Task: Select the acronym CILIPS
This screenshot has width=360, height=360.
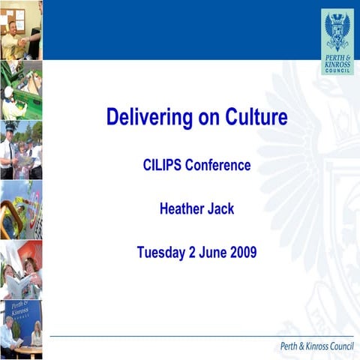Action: (x=165, y=166)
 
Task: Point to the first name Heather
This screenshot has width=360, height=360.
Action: (x=184, y=208)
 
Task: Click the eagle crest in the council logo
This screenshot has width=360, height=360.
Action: (x=337, y=29)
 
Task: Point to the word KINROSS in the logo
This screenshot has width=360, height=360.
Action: (x=337, y=64)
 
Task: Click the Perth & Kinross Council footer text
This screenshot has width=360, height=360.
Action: (x=314, y=346)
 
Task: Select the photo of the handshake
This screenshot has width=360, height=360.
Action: (x=21, y=30)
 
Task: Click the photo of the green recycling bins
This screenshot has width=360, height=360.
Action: (x=21, y=90)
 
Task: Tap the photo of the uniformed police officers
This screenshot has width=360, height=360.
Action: (x=21, y=150)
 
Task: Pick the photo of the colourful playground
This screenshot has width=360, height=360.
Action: (x=21, y=209)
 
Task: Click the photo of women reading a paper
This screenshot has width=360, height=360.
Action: (x=21, y=269)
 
